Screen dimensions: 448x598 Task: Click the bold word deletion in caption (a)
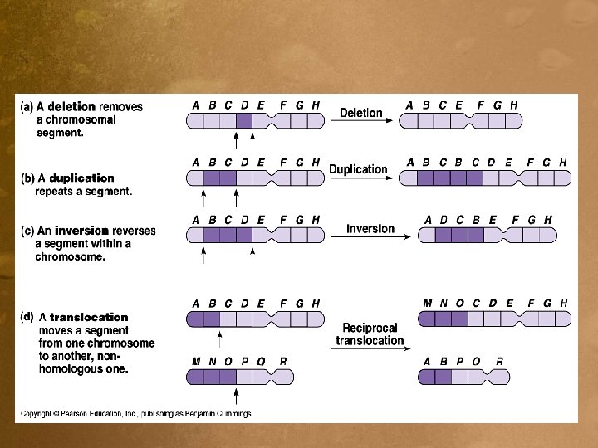coord(72,107)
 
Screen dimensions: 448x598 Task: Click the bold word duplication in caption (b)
coord(81,178)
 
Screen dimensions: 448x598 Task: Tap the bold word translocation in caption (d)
coord(89,317)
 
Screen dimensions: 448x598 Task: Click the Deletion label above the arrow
coord(361,113)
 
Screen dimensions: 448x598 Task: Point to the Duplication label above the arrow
coord(358,169)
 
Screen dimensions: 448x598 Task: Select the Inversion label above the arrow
coord(370,229)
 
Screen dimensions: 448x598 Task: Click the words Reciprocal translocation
coord(370,334)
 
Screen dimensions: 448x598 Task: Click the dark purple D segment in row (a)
coord(244,121)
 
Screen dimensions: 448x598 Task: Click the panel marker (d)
coord(27,316)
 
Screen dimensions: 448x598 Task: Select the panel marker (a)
coord(27,107)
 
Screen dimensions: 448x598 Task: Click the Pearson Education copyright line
coord(135,413)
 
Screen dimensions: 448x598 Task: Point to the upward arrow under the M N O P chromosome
coord(237,395)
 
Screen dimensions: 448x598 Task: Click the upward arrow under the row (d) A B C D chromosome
coord(220,338)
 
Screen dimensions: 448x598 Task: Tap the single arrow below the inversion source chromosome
coord(203,255)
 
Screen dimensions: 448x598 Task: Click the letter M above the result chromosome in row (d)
coord(427,304)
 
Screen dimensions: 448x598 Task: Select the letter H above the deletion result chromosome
coord(513,105)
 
